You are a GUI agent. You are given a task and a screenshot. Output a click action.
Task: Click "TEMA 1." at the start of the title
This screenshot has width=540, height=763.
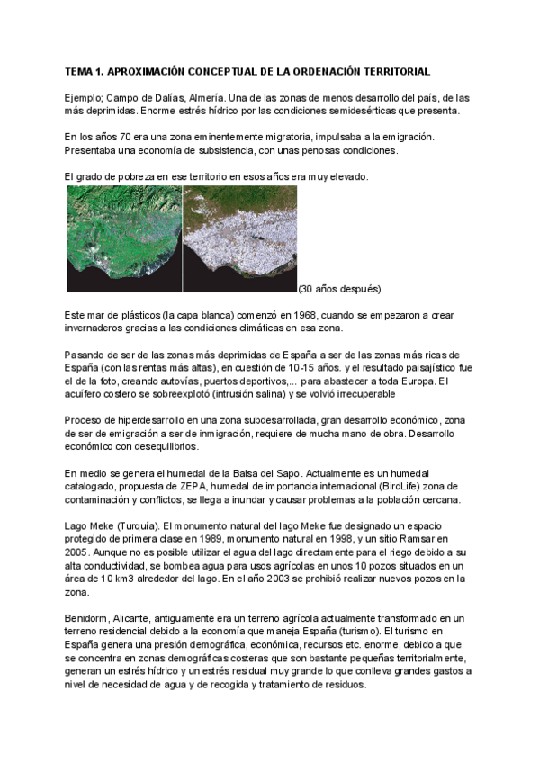coord(87,70)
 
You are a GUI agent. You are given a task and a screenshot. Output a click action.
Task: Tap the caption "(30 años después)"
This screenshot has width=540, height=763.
coord(339,289)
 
